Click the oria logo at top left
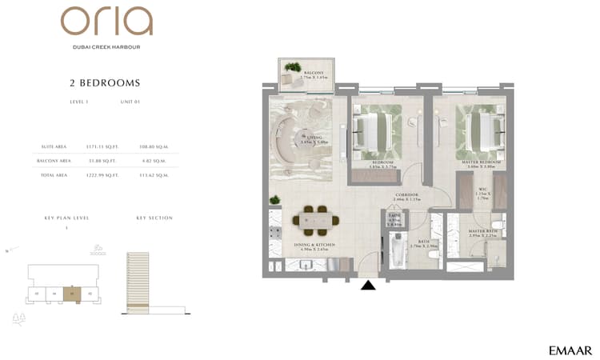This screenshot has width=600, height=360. coord(106,22)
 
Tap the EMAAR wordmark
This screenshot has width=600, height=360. coord(570,350)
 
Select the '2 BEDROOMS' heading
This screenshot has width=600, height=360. coord(106,82)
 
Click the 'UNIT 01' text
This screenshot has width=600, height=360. coord(130,102)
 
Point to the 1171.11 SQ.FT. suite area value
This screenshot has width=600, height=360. coord(102,147)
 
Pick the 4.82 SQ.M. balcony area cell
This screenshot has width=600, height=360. coord(151,161)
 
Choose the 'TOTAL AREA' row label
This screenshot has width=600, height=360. coord(54,174)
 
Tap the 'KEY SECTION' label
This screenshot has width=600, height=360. coord(154,218)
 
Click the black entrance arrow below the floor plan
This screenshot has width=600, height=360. coord(368,284)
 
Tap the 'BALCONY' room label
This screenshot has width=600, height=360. coord(314,73)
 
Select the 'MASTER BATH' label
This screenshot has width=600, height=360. coord(483,232)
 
